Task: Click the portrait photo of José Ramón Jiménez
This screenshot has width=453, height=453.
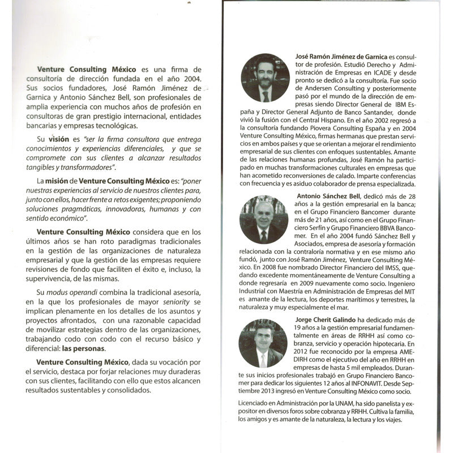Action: click(x=264, y=78)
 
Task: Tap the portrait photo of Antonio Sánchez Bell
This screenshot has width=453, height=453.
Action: click(x=264, y=219)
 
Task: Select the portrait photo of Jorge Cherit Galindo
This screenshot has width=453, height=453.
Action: click(x=263, y=343)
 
